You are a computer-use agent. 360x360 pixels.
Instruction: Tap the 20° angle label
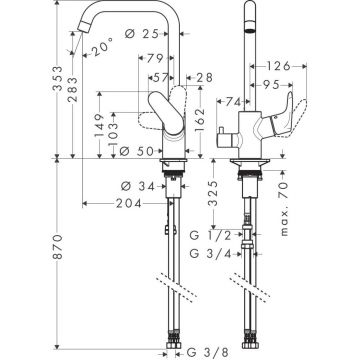coord(97,46)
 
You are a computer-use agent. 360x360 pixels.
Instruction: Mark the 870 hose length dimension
coord(13,255)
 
